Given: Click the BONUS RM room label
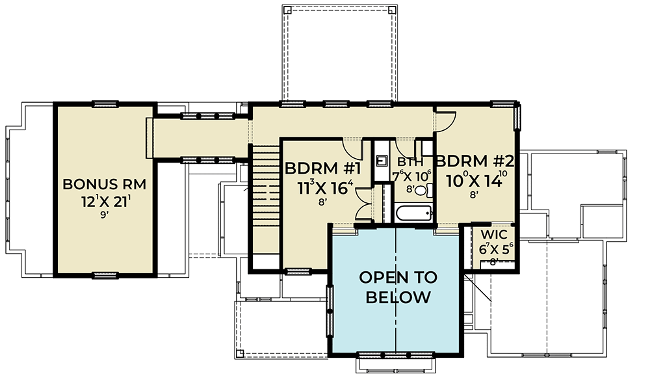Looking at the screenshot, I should tap(104, 184).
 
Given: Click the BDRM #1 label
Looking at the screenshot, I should tap(320, 168).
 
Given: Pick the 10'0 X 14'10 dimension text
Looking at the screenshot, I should tap(475, 181).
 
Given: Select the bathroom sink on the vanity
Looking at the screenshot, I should tap(382, 161).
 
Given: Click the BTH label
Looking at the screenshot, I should tap(407, 163).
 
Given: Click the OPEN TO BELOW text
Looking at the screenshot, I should tap(398, 288).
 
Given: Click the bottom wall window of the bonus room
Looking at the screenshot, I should tap(105, 275).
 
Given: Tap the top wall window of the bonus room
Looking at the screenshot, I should tap(104, 103).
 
